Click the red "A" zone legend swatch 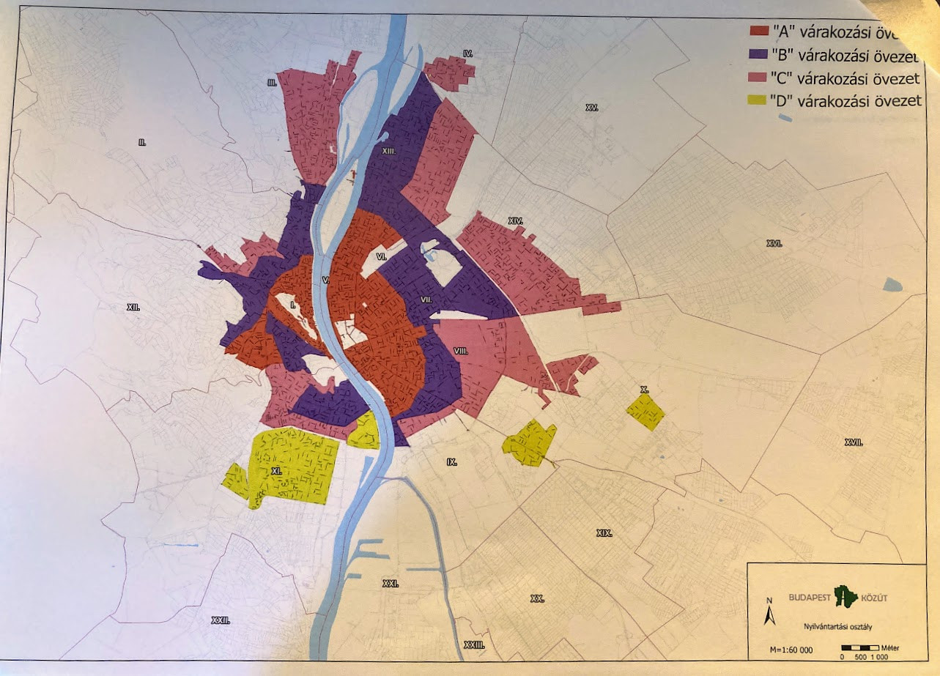click(758, 31)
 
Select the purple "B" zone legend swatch click(758, 54)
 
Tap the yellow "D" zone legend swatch click(758, 102)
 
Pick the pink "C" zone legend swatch click(758, 78)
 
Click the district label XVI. click(774, 243)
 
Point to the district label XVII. click(853, 442)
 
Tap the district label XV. click(592, 108)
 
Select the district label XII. click(133, 308)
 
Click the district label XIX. click(604, 533)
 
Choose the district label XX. click(537, 598)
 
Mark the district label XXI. click(391, 584)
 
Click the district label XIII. click(389, 150)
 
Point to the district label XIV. click(515, 220)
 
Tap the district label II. click(142, 142)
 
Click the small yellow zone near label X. click(645, 412)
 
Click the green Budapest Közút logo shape click(845, 597)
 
